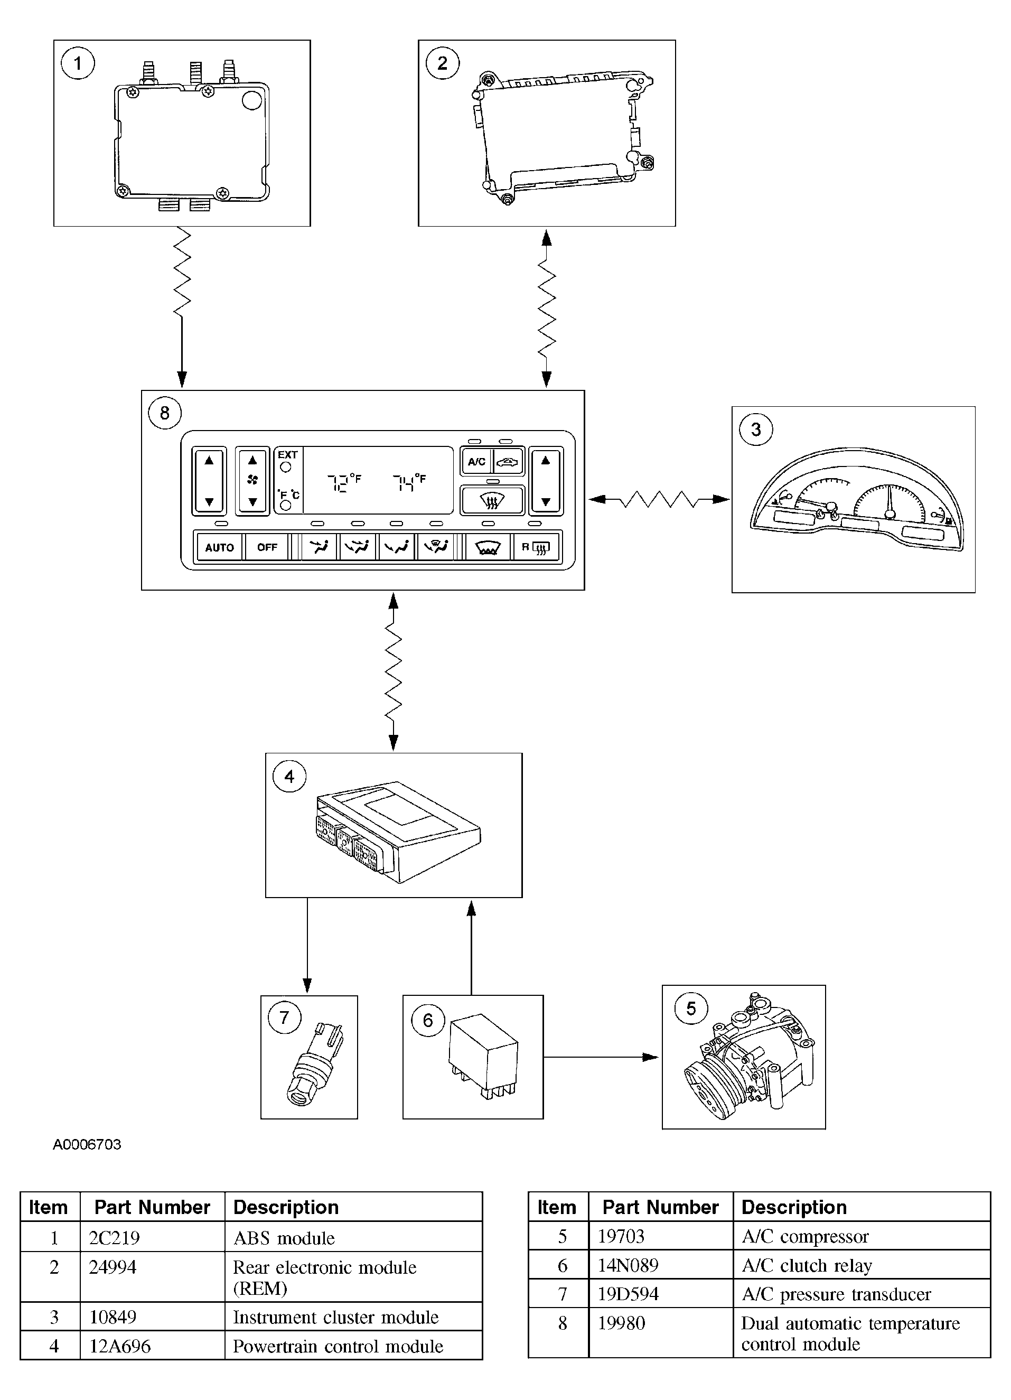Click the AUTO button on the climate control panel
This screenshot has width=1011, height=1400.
[219, 547]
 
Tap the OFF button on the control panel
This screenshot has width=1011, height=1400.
[267, 547]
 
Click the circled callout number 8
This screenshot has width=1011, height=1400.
[165, 413]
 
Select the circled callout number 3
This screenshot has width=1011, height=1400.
[755, 430]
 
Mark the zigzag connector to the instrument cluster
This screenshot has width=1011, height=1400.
[659, 499]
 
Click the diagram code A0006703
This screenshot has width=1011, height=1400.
[87, 1144]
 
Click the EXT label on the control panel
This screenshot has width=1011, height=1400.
[288, 454]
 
